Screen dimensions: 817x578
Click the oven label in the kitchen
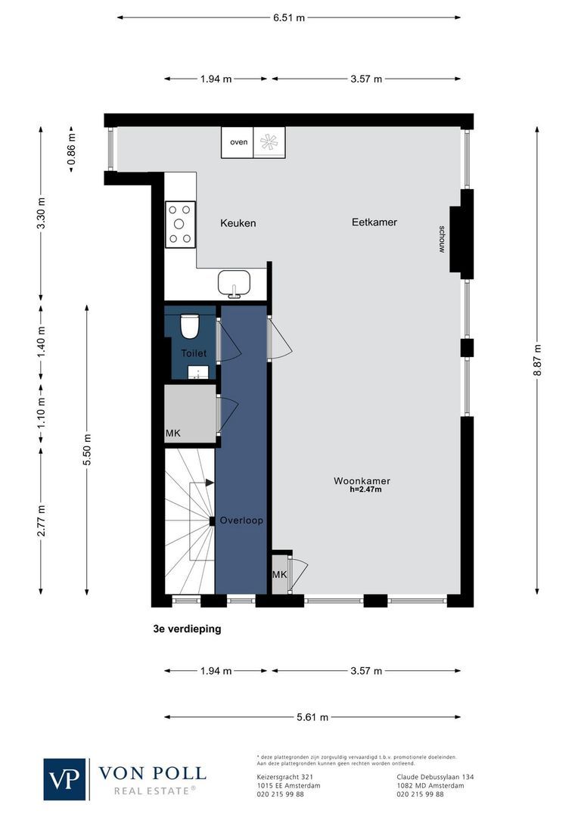(238, 142)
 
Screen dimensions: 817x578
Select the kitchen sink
(235, 284)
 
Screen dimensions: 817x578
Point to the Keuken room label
(238, 223)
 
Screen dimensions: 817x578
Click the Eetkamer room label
(374, 222)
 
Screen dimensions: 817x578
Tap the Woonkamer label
(362, 481)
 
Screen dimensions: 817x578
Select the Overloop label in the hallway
(241, 521)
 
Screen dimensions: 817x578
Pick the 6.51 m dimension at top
(289, 17)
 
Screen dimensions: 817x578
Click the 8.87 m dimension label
(538, 360)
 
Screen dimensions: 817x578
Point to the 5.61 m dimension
(312, 718)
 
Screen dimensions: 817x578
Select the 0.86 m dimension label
(73, 149)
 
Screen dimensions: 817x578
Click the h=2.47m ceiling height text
(365, 490)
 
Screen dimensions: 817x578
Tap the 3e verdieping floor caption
(187, 629)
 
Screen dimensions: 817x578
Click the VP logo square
(65, 779)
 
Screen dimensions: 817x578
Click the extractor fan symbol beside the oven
(269, 142)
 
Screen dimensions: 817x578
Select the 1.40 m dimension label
(42, 340)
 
